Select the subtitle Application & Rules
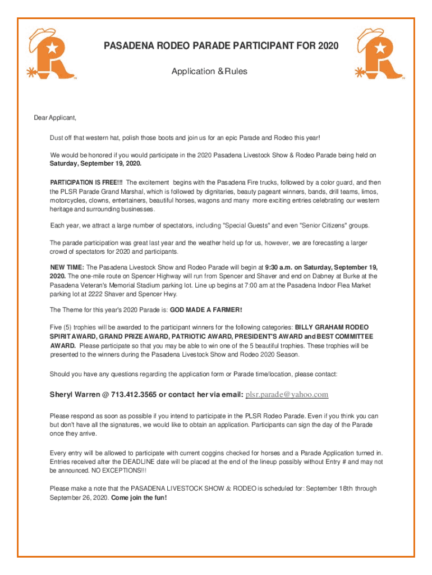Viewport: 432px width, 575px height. click(209, 71)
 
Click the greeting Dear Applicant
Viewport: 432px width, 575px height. click(54, 118)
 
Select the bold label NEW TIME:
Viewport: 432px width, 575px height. click(67, 267)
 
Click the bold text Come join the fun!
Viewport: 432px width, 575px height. click(139, 498)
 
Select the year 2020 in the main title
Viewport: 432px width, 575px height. click(328, 45)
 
